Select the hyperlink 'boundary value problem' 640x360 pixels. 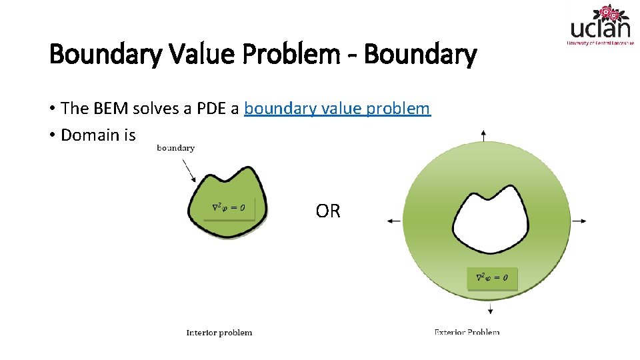click(337, 109)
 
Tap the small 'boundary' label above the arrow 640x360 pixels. click(175, 148)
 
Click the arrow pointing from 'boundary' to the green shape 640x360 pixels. click(189, 171)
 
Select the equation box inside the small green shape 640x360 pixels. click(228, 208)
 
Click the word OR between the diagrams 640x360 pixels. click(328, 211)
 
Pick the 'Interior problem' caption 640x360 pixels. click(219, 333)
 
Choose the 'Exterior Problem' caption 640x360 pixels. click(467, 332)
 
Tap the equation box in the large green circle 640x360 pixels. click(492, 278)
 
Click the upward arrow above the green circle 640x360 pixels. click(483, 135)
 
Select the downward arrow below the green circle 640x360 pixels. click(491, 307)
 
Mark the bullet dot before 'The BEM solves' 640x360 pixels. click(52, 109)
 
